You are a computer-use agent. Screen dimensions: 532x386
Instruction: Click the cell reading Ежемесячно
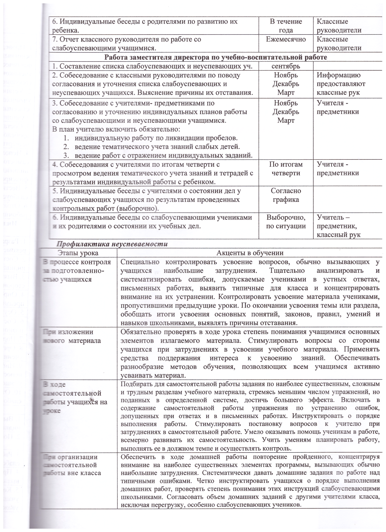tap(286, 39)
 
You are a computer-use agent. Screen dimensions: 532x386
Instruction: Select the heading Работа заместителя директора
tap(216, 57)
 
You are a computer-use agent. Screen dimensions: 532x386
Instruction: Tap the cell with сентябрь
tap(286, 66)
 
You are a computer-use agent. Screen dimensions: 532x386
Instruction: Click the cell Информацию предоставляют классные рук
tap(341, 84)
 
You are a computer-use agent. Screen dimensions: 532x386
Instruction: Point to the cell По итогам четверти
tap(286, 169)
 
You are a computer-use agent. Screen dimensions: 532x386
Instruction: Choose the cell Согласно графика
tap(286, 195)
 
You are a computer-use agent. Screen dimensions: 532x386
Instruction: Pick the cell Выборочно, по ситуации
tap(286, 222)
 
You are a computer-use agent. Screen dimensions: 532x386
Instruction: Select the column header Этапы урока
tap(78, 253)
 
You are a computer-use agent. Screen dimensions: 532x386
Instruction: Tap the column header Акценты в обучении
tap(250, 253)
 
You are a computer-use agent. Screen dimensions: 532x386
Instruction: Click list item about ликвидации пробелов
tap(156, 138)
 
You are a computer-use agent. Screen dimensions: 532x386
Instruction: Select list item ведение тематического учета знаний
tap(157, 147)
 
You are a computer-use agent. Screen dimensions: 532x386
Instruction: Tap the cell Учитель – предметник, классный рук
tap(338, 226)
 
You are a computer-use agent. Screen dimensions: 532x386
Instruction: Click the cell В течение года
tap(286, 26)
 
